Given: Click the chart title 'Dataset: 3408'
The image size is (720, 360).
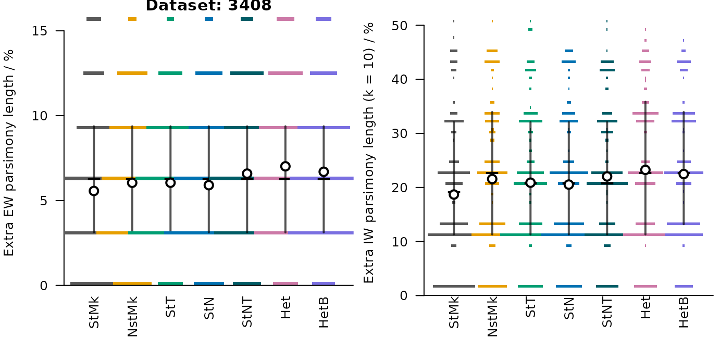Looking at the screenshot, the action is pyautogui.click(x=208, y=5).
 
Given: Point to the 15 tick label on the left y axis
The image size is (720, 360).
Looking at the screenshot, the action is pyautogui.click(x=39, y=31).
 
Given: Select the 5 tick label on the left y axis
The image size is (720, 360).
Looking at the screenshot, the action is pyautogui.click(x=44, y=201).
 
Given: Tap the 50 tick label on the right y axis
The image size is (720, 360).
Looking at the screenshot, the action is pyautogui.click(x=400, y=26).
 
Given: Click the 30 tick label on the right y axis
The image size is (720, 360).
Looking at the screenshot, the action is pyautogui.click(x=400, y=133).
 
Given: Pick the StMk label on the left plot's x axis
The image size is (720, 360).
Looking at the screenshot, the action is pyautogui.click(x=94, y=312).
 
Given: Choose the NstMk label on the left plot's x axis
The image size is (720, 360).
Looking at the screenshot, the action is pyautogui.click(x=132, y=317).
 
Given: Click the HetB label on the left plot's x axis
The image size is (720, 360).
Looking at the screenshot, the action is pyautogui.click(x=324, y=312).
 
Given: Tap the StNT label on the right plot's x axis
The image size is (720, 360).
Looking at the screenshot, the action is pyautogui.click(x=607, y=312).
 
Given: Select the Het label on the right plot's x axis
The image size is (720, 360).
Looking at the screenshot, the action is pyautogui.click(x=645, y=307).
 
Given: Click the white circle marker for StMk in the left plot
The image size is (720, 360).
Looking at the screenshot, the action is pyautogui.click(x=94, y=191).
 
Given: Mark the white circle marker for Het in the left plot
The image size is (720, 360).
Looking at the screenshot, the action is pyautogui.click(x=285, y=167).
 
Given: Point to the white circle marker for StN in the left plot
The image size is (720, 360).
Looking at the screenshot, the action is pyautogui.click(x=209, y=185).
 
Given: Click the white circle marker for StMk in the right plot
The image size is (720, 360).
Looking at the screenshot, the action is pyautogui.click(x=454, y=194).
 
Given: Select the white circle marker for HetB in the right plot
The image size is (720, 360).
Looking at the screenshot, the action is pyautogui.click(x=684, y=174).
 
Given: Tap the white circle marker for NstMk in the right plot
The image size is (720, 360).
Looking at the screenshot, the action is pyautogui.click(x=492, y=179).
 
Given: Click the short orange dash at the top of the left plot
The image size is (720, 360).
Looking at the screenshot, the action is pyautogui.click(x=132, y=19).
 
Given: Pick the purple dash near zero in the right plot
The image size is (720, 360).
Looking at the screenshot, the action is pyautogui.click(x=684, y=286).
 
